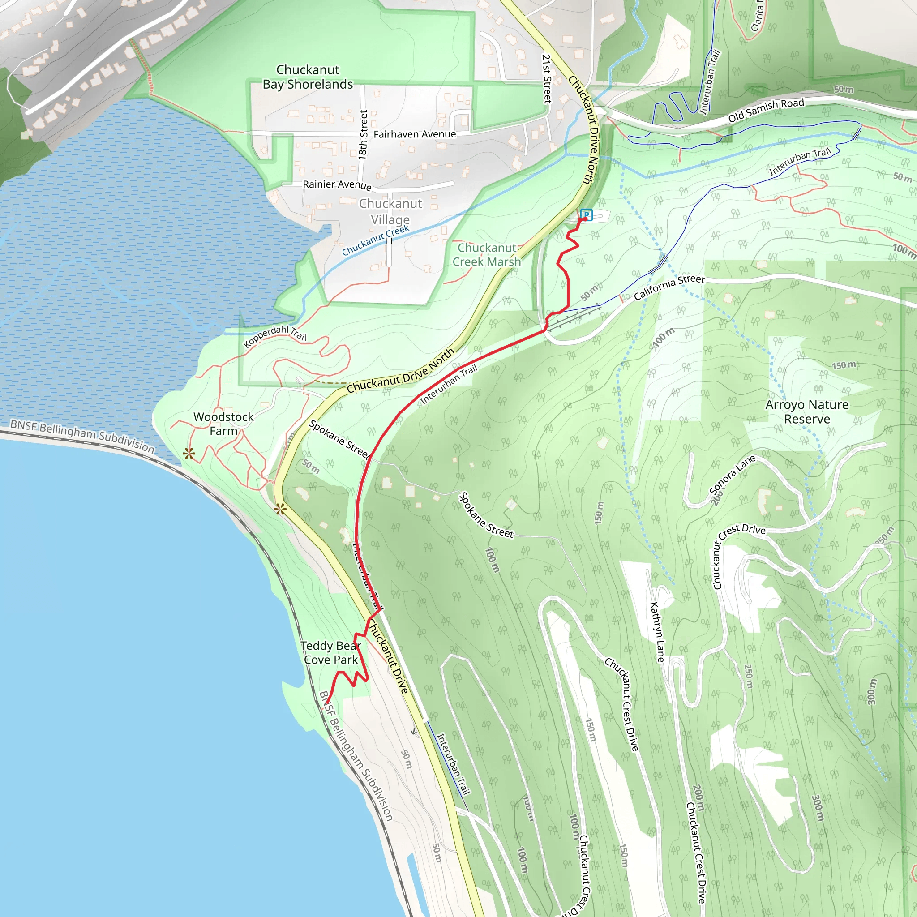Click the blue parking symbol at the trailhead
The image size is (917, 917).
coord(586,214)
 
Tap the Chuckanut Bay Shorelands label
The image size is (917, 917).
coord(308,77)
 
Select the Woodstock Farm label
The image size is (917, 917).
coord(223,424)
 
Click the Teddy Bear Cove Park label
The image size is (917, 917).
coord(331,653)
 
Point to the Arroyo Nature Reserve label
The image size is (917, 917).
coord(807,411)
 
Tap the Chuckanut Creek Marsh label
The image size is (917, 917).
coord(487,254)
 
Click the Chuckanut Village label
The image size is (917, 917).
coord(390,211)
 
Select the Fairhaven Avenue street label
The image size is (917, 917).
coord(414,134)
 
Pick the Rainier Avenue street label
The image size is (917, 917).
coord(337,184)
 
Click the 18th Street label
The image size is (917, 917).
coord(363,134)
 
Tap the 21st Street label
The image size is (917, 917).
coord(547,78)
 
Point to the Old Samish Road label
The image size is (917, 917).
coord(766,110)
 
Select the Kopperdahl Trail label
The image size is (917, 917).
coord(275,334)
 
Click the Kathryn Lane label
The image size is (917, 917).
coord(656,632)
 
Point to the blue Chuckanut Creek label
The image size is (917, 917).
coord(375,240)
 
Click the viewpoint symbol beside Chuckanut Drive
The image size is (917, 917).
coord(280,510)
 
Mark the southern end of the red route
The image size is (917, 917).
coord(327,703)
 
